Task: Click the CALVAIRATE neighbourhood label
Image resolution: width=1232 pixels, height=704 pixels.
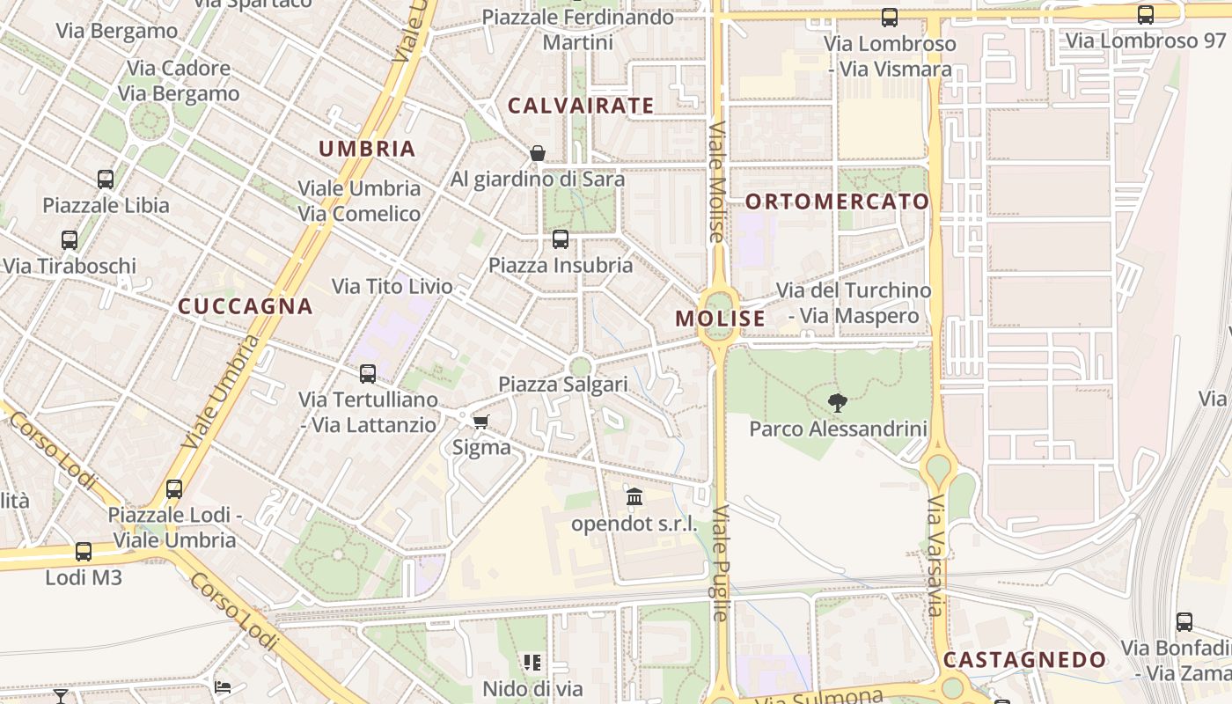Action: [581, 106]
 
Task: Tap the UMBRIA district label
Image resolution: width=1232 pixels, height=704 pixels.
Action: [367, 149]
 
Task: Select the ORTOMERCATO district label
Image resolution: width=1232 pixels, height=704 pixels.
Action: [837, 202]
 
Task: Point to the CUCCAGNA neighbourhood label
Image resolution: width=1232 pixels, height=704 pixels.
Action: [246, 306]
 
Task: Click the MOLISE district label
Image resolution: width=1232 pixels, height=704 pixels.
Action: [720, 319]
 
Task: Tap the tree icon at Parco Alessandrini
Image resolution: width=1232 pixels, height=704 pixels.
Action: [838, 403]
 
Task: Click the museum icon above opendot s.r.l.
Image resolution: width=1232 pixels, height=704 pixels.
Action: [634, 497]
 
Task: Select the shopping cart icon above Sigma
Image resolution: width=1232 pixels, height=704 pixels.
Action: [480, 422]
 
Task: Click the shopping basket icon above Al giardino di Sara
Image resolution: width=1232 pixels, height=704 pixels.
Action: [538, 153]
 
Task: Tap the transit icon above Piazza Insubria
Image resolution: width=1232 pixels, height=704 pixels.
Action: [561, 238]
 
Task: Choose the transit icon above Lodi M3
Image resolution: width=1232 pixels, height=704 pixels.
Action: [84, 552]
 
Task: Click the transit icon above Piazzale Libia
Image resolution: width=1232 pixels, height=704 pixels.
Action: [106, 180]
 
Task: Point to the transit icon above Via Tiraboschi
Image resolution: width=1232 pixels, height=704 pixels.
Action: [70, 239]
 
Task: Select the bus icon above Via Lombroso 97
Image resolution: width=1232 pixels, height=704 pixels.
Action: [1145, 15]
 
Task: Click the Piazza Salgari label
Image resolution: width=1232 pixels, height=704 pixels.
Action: [563, 385]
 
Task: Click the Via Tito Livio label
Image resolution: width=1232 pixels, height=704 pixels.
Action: [392, 286]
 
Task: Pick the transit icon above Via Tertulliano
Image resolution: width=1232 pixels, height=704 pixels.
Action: [368, 373]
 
